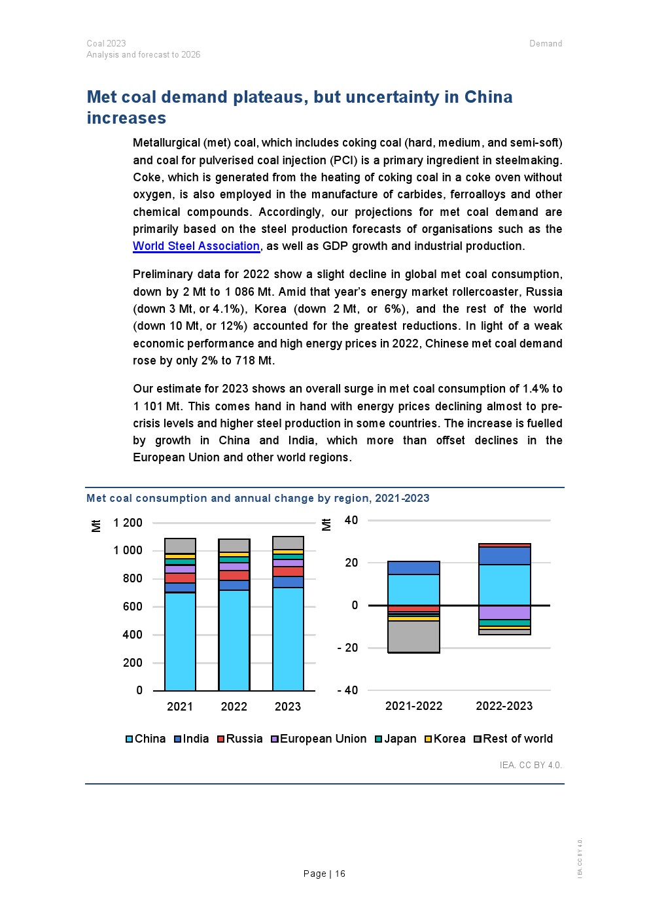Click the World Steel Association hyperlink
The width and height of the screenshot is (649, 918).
point(196,246)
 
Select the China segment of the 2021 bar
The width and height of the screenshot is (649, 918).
point(180,641)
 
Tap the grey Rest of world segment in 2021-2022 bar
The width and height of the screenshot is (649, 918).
point(413,636)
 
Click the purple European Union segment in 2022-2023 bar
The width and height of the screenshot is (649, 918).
point(504,612)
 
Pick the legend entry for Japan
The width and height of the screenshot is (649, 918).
point(396,739)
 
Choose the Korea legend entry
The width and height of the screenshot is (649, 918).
point(446,739)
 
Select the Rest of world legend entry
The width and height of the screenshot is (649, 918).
point(514,739)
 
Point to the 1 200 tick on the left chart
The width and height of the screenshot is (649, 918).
point(128,523)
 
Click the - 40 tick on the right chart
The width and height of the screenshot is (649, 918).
point(347,690)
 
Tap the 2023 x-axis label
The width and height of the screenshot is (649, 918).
point(288,707)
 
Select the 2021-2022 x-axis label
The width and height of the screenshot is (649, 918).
point(413,706)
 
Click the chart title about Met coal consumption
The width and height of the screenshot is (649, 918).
point(258,498)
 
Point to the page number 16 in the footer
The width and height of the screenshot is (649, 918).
point(340,874)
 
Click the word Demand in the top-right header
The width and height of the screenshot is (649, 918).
point(546,44)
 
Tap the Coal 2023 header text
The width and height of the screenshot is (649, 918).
point(106,44)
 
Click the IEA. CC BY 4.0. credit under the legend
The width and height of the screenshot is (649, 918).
point(531,765)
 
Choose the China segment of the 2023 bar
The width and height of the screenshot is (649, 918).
point(288,639)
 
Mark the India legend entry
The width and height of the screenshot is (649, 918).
point(192,739)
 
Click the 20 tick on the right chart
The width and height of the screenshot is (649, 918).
point(351,563)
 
